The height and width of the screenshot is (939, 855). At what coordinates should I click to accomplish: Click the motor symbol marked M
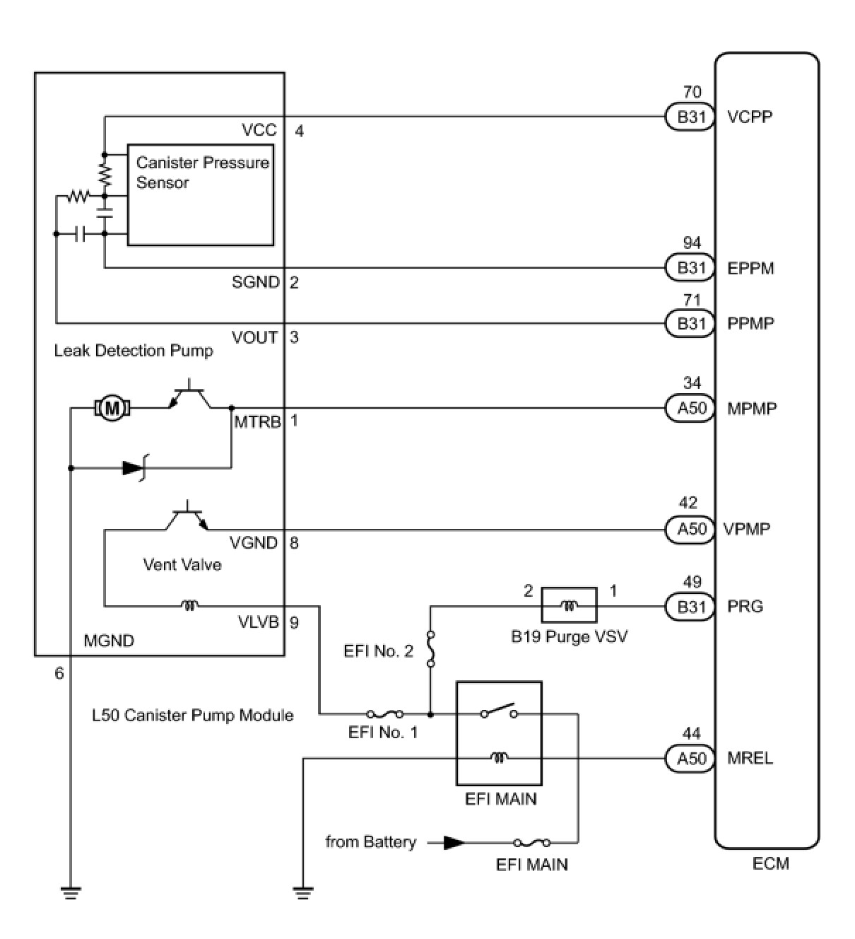110,408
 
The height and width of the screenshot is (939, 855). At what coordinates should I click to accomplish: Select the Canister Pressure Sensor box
200,194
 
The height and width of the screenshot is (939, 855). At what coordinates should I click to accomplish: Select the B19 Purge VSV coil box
569,606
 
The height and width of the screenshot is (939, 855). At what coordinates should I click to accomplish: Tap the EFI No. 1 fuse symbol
385,714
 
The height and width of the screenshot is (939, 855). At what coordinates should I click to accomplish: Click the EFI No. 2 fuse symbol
430,649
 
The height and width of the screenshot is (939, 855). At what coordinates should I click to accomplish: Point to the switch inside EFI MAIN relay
499,711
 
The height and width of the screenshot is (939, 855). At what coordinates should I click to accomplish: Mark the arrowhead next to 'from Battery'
455,843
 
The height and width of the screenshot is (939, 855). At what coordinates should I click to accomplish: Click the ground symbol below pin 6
71,892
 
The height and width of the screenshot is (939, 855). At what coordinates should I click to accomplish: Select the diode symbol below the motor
134,468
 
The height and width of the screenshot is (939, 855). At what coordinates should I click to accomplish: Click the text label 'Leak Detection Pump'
134,351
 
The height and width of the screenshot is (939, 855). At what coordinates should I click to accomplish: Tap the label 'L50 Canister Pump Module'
192,715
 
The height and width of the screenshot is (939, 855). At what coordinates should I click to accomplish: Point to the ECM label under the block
770,863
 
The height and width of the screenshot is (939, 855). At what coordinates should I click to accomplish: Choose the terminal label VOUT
254,337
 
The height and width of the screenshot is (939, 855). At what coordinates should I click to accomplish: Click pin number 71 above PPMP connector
692,301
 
